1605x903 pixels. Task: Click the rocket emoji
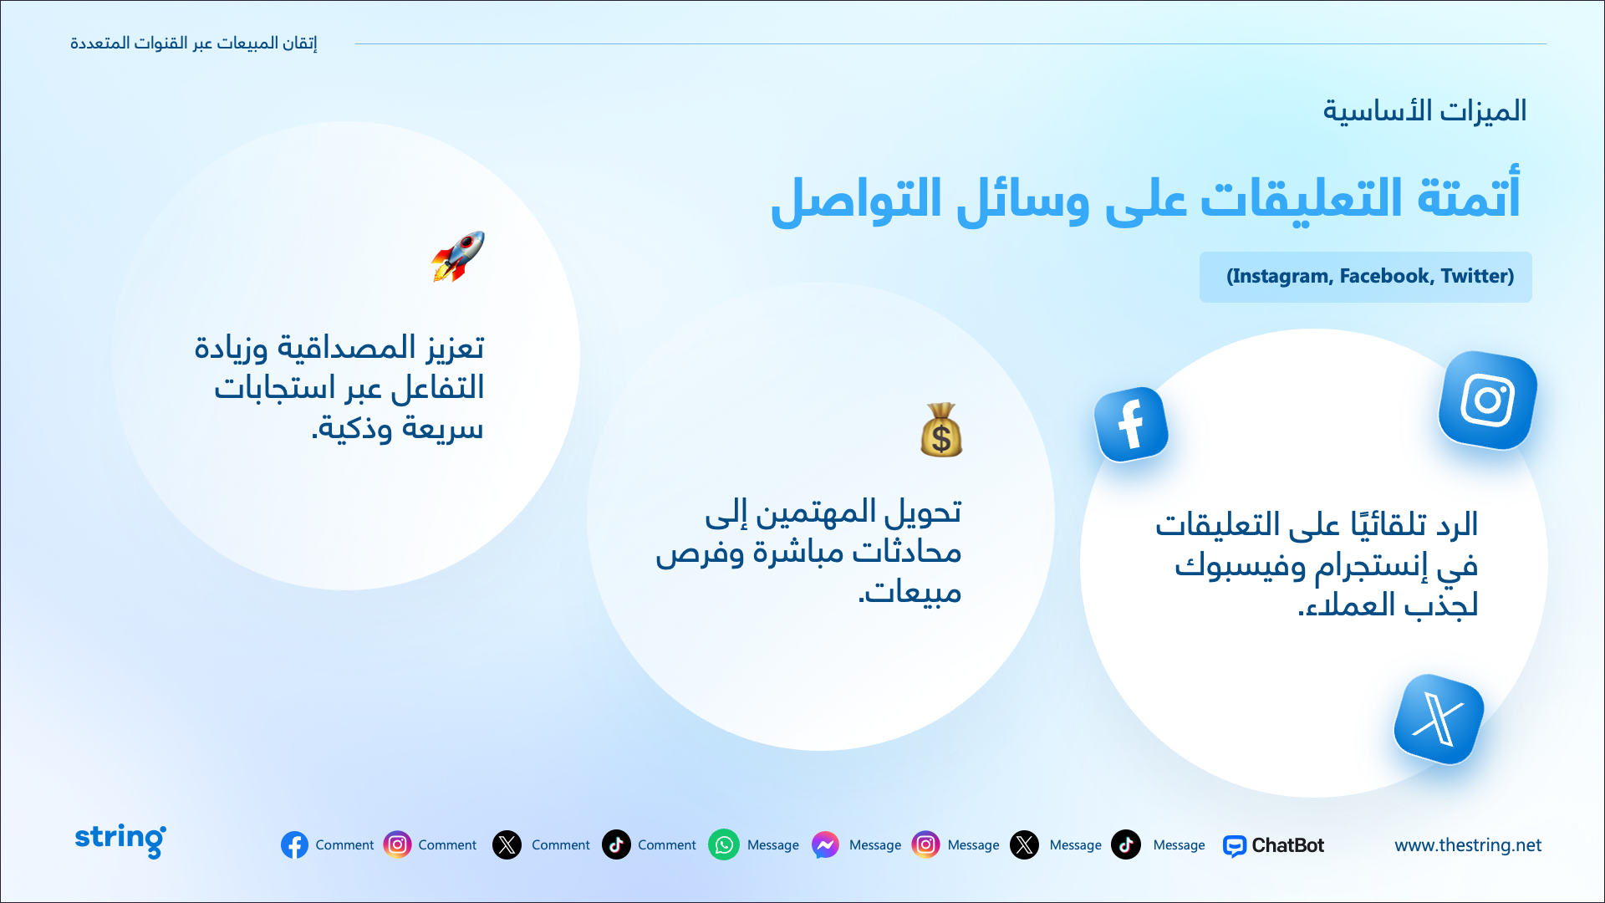tap(458, 256)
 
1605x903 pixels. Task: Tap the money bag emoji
tap(941, 430)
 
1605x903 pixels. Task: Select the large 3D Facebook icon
tap(1131, 424)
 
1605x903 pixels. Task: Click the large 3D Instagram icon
tap(1488, 400)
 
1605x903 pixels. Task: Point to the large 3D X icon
tap(1439, 719)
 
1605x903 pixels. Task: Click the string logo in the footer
tap(120, 839)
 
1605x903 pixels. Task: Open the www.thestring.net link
tap(1468, 845)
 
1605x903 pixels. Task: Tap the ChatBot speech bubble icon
tap(1234, 846)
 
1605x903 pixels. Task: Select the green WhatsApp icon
tap(724, 844)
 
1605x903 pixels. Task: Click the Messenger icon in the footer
tap(825, 844)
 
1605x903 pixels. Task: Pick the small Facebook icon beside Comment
tap(294, 844)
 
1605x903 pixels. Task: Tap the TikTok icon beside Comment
tap(616, 844)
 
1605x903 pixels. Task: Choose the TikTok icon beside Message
tap(1126, 844)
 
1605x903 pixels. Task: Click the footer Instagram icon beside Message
tap(925, 844)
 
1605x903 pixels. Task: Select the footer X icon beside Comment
tap(507, 844)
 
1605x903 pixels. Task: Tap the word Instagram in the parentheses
tap(1280, 277)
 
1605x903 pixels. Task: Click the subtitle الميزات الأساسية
tap(1424, 110)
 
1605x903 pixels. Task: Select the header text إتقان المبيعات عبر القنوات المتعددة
tap(194, 43)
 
